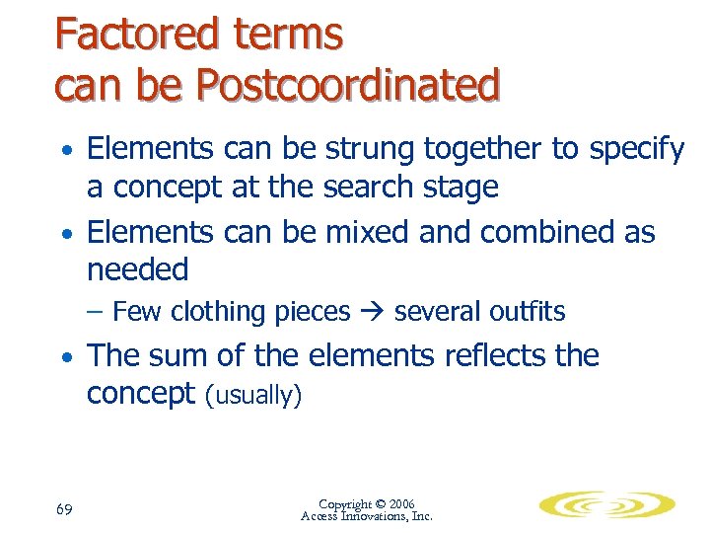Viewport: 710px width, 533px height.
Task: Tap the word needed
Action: [x=137, y=268]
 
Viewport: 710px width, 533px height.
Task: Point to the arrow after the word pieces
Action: [x=372, y=312]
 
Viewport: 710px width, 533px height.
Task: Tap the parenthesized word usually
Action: [x=252, y=395]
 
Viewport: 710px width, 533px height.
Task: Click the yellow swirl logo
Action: [x=606, y=505]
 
